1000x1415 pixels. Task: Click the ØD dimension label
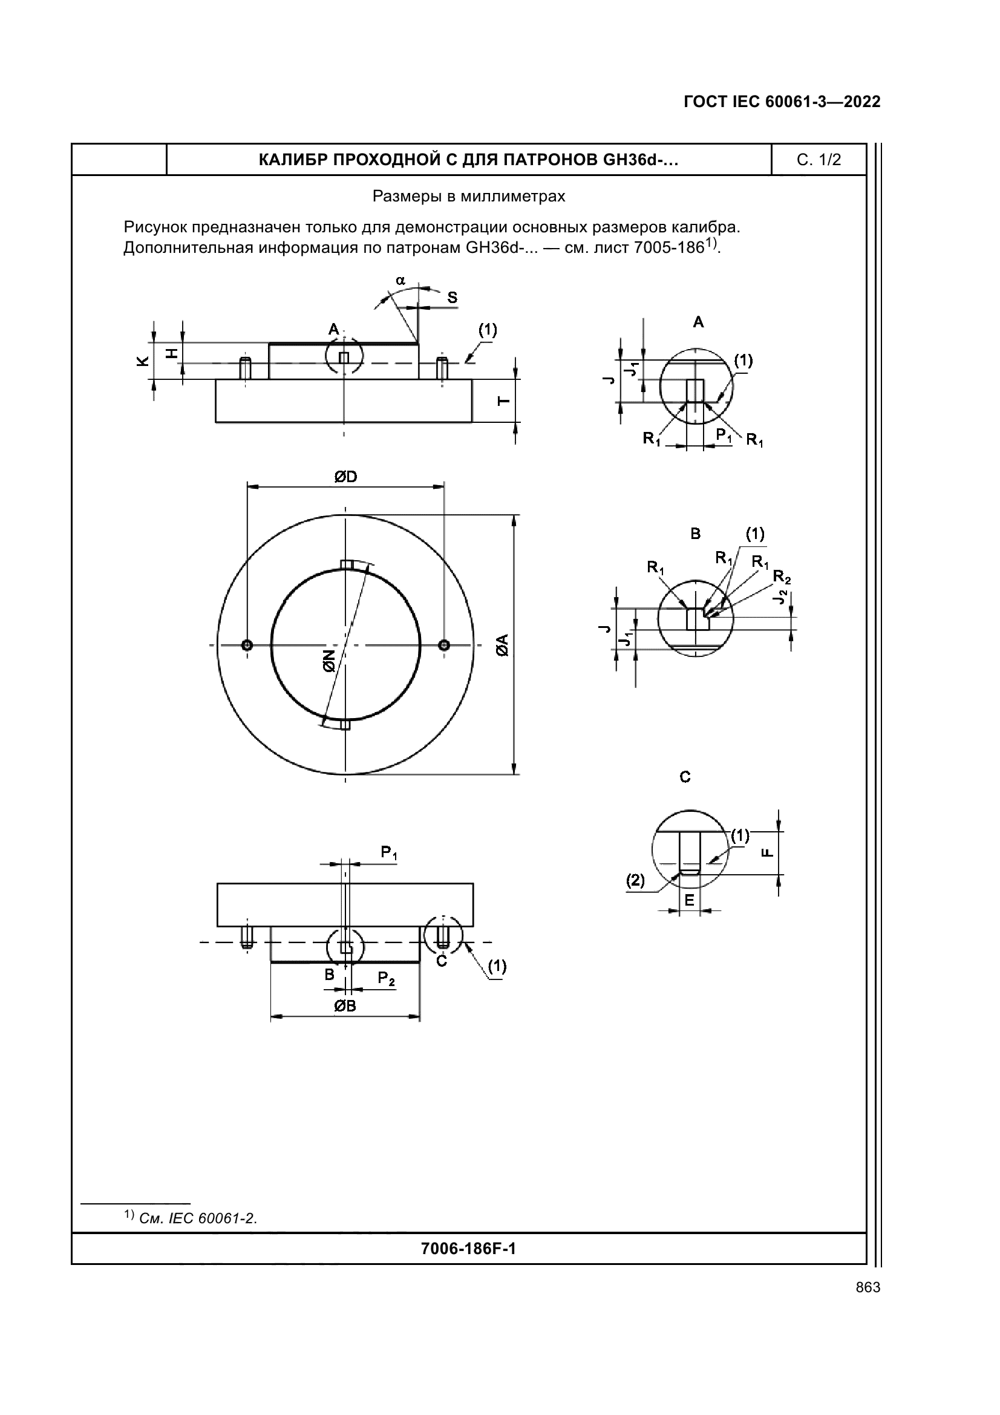point(345,476)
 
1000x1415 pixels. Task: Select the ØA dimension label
point(503,645)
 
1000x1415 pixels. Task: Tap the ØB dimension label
point(345,1006)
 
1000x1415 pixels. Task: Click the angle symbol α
point(400,281)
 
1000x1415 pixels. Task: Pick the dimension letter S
point(453,298)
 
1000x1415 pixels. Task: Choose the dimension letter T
point(503,400)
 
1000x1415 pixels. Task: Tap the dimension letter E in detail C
point(689,900)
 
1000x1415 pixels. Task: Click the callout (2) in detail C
point(635,881)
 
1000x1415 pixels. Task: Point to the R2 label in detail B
point(781,577)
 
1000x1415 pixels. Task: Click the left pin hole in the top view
point(247,645)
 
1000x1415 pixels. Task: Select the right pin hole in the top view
point(444,645)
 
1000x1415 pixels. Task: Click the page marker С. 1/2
point(819,160)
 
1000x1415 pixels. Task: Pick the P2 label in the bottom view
point(387,978)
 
